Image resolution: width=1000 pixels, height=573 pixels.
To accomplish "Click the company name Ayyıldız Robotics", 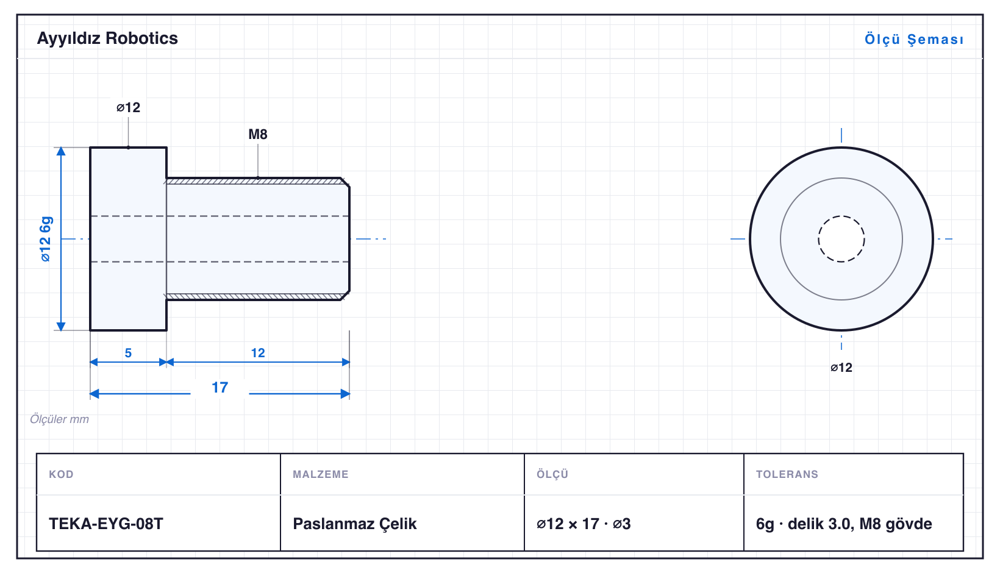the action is pyautogui.click(x=107, y=38).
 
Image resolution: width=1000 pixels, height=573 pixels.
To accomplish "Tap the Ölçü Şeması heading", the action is pyautogui.click(x=914, y=39).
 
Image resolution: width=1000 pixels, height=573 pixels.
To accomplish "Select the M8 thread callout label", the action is pyautogui.click(x=257, y=134).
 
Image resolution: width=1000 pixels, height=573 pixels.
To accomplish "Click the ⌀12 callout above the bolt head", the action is pyautogui.click(x=128, y=107).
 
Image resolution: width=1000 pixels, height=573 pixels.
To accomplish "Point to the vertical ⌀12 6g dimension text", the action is pyautogui.click(x=45, y=239).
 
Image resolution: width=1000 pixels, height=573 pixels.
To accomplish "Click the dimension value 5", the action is pyautogui.click(x=128, y=353).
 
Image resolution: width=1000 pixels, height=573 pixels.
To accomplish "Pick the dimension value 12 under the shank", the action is pyautogui.click(x=257, y=353).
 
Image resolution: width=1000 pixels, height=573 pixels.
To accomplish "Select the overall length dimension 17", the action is pyautogui.click(x=220, y=387).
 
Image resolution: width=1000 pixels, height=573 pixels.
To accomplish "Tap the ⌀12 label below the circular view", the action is pyautogui.click(x=841, y=368).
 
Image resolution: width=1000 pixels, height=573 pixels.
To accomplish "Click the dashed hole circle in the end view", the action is pyautogui.click(x=841, y=216).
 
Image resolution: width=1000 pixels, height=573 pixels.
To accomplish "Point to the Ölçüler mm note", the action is pyautogui.click(x=59, y=419).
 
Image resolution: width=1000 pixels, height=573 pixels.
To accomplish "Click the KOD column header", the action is pyautogui.click(x=61, y=474).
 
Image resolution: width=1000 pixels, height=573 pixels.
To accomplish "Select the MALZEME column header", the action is pyautogui.click(x=321, y=474).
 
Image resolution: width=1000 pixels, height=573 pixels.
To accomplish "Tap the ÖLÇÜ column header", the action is pyautogui.click(x=552, y=474).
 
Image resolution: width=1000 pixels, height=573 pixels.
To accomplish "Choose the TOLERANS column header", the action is pyautogui.click(x=787, y=474).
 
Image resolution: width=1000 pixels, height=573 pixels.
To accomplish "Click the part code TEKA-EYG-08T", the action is pyautogui.click(x=106, y=524).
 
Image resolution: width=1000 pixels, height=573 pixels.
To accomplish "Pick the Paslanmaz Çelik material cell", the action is pyautogui.click(x=354, y=524).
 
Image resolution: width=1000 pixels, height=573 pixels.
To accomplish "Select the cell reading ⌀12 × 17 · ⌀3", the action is pyautogui.click(x=584, y=524).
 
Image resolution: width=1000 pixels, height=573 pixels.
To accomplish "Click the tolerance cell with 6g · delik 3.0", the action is pyautogui.click(x=844, y=524).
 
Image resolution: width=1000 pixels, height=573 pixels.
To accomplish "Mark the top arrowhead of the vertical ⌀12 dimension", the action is pyautogui.click(x=61, y=151).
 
